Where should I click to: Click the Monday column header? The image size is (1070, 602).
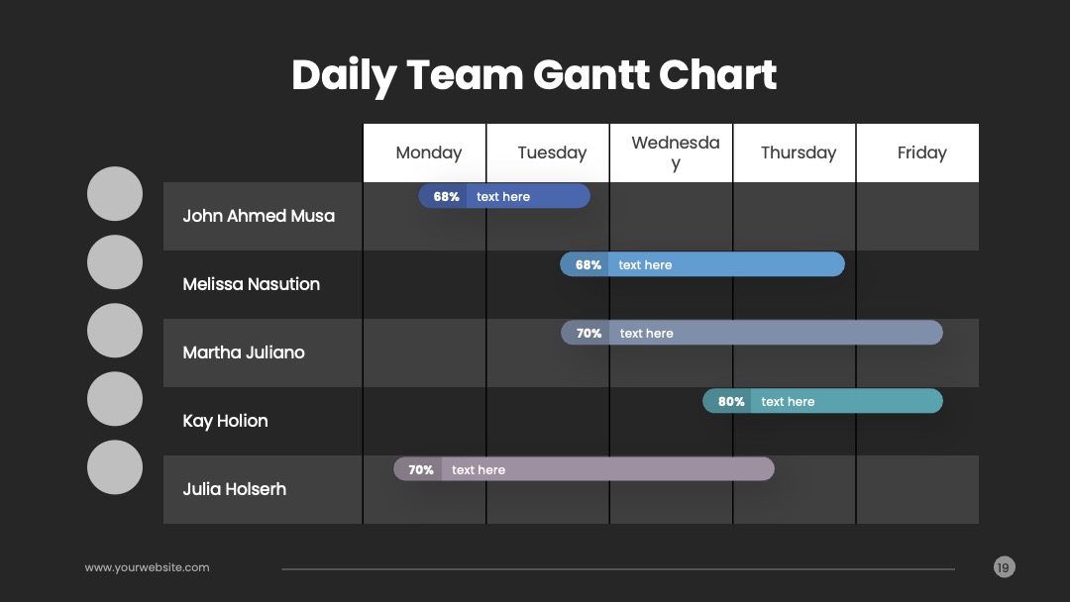[x=429, y=152]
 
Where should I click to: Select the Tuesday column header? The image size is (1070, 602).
[x=552, y=152]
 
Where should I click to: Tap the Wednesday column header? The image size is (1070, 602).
[x=676, y=152]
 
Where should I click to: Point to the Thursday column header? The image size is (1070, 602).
[x=799, y=152]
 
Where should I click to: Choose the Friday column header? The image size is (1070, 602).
[x=922, y=152]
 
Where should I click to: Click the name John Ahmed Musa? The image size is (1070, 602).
[x=259, y=216]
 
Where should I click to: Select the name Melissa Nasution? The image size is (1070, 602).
[x=251, y=284]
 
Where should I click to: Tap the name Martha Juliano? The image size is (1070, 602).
[x=244, y=352]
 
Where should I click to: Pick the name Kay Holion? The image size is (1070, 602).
[x=225, y=421]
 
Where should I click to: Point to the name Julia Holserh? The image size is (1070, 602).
[x=234, y=489]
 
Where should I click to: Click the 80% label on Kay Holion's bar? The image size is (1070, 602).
[x=731, y=402]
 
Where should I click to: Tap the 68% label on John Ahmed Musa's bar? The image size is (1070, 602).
[x=446, y=196]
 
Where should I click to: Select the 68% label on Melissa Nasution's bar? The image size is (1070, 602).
[x=588, y=264]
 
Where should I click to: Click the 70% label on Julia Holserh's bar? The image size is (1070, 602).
[x=421, y=469]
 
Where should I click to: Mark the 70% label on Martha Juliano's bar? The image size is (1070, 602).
[x=588, y=334]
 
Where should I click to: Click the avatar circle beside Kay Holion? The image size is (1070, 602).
[x=115, y=399]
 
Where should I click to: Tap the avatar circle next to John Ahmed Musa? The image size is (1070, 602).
[x=115, y=194]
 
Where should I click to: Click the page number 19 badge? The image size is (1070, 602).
[x=1004, y=567]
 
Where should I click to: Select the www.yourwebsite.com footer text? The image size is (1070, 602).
[x=147, y=567]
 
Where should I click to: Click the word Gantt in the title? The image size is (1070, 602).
[x=590, y=74]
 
